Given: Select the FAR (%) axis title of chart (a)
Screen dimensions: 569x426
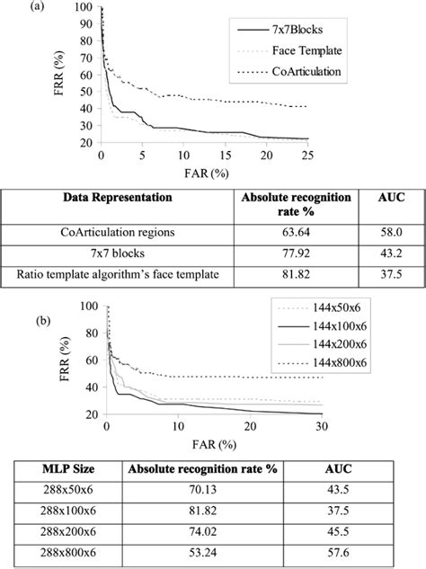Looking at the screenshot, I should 202,171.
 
